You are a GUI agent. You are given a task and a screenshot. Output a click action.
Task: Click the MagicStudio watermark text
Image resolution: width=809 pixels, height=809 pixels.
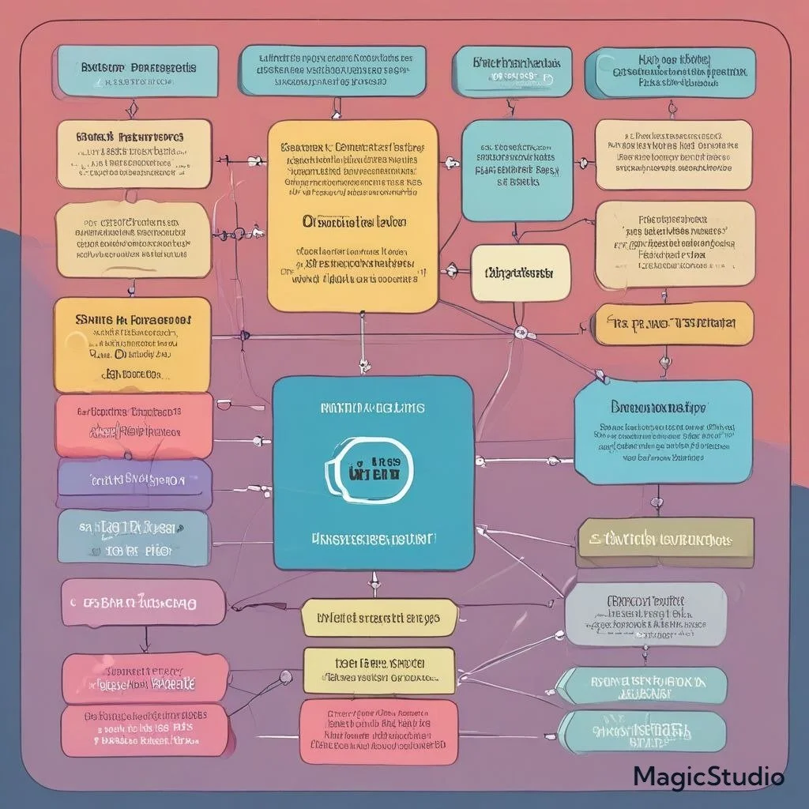pyautogui.click(x=709, y=777)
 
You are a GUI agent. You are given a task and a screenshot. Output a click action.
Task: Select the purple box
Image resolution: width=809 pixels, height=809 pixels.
pyautogui.click(x=134, y=480)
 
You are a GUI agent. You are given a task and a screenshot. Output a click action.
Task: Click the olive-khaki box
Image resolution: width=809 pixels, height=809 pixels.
pyautogui.click(x=665, y=541)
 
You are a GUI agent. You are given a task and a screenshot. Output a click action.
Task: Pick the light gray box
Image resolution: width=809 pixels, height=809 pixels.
pyautogui.click(x=645, y=615)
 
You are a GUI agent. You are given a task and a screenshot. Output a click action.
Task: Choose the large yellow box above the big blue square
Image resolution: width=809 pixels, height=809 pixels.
pyautogui.click(x=352, y=215)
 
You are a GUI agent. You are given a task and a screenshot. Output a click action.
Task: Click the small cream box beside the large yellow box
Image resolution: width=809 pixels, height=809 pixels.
pyautogui.click(x=519, y=273)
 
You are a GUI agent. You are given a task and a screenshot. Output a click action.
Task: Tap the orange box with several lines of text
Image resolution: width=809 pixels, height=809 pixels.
pyautogui.click(x=132, y=344)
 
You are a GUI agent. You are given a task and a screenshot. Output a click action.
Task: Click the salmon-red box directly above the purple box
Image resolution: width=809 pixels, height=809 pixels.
pyautogui.click(x=134, y=425)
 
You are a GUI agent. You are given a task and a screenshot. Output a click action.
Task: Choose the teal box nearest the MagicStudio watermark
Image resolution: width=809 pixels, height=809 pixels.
pyautogui.click(x=642, y=732)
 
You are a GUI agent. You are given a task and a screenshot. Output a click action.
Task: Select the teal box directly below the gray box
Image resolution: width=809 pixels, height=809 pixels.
pyautogui.click(x=642, y=685)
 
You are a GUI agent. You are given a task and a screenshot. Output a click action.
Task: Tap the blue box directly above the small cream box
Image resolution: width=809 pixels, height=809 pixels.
pyautogui.click(x=517, y=171)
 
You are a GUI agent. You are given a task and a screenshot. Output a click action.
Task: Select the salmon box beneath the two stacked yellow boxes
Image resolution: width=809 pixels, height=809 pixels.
pyautogui.click(x=378, y=731)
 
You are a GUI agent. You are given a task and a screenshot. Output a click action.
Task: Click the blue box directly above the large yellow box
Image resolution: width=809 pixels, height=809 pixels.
pyautogui.click(x=332, y=70)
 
